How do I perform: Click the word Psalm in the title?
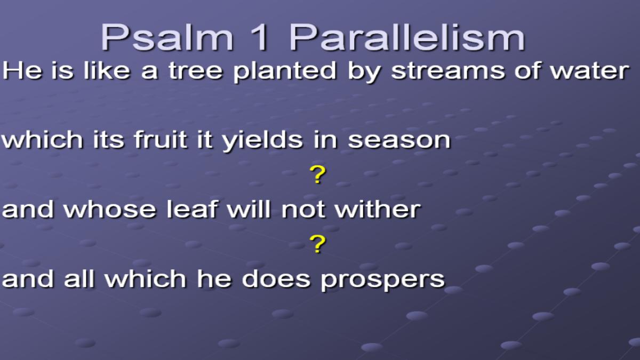tap(167, 37)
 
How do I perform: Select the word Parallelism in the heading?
tap(407, 37)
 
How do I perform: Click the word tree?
tap(195, 70)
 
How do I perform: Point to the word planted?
tap(285, 71)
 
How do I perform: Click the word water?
tap(590, 70)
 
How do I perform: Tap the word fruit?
tap(161, 139)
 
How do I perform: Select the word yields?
tap(262, 141)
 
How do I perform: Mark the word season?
tap(399, 141)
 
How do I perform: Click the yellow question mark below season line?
tap(317, 174)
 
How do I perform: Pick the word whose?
tap(110, 209)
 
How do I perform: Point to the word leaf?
tap(193, 209)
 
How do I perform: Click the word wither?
tap(378, 209)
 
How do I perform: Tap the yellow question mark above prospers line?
tap(317, 244)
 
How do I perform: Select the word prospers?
tap(383, 281)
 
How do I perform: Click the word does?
tap(276, 278)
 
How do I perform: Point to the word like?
tap(107, 70)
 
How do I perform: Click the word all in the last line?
tap(79, 278)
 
